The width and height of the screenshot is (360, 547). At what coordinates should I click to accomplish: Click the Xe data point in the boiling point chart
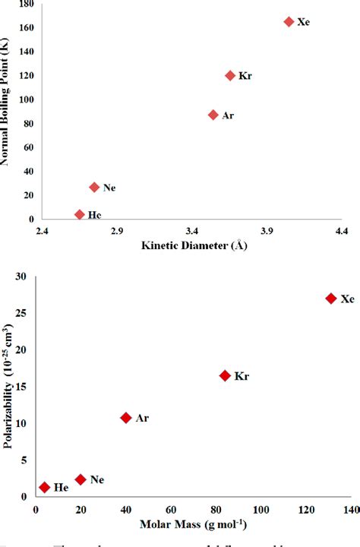click(289, 22)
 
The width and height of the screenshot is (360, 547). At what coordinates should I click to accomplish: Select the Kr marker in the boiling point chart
click(230, 75)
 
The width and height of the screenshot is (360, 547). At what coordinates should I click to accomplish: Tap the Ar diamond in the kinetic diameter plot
click(213, 115)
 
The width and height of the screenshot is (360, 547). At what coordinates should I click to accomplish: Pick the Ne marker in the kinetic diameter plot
click(94, 187)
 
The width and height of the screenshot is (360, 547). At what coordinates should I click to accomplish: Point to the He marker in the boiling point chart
click(80, 215)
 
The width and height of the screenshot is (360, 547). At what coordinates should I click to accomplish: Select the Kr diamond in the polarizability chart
click(225, 375)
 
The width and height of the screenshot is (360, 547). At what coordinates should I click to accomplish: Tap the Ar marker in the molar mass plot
click(126, 417)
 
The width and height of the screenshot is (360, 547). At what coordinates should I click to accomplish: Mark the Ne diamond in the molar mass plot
click(81, 479)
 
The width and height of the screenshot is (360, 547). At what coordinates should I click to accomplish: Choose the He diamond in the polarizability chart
click(45, 487)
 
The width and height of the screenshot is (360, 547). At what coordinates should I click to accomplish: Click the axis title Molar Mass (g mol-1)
click(193, 524)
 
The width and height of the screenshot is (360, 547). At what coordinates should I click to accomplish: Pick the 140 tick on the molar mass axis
click(352, 509)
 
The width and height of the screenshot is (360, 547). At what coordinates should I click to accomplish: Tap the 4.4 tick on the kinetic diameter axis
click(341, 230)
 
